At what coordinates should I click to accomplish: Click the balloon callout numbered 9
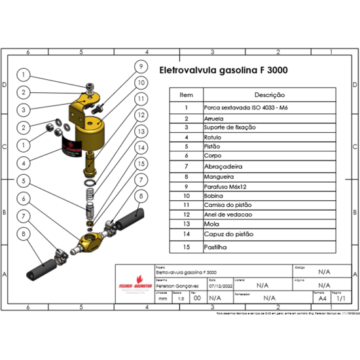pyautogui.click(x=139, y=65)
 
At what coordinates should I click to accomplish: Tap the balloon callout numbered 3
pyautogui.click(x=22, y=109)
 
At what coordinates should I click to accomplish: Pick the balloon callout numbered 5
pyautogui.click(x=22, y=180)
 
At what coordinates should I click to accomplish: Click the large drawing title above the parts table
pyautogui.click(x=223, y=69)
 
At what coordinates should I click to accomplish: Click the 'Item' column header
pyautogui.click(x=187, y=95)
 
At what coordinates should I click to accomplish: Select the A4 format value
pyautogui.click(x=322, y=298)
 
